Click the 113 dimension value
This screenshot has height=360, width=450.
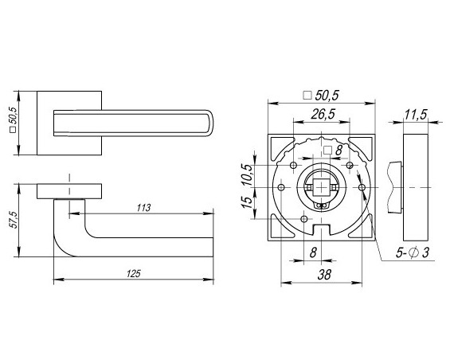tap(143, 208)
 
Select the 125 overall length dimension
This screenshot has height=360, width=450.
tap(134, 274)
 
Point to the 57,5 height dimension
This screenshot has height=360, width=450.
tap(14, 220)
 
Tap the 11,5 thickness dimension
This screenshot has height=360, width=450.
tap(416, 114)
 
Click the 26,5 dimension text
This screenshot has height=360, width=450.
tap(323, 114)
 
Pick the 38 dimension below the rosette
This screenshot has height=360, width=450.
tap(324, 275)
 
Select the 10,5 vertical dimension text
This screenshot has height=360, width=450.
tap(248, 174)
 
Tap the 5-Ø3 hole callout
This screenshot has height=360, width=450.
tap(413, 252)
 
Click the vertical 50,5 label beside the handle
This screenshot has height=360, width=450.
tap(14, 119)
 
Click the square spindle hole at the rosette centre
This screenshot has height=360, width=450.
tap(322, 187)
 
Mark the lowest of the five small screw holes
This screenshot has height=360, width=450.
tap(304, 219)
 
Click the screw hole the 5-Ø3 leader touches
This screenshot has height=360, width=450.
tap(362, 187)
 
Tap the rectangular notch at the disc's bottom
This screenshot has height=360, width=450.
tap(322, 229)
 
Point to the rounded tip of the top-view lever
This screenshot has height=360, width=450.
tap(210, 123)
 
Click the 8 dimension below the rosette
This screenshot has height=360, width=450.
tap(313, 252)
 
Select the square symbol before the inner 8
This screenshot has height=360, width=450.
tap(327, 151)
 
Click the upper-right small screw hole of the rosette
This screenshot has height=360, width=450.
tap(350, 165)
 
